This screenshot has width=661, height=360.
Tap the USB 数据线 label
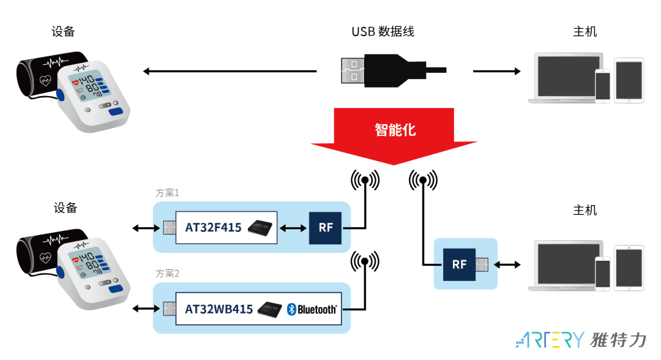pyautogui.click(x=383, y=31)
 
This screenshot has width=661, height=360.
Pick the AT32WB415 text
pyautogui.click(x=218, y=309)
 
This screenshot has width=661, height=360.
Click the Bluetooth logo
pyautogui.click(x=312, y=309)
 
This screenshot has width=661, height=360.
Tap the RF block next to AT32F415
pyautogui.click(x=326, y=228)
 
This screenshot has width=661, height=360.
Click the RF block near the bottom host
pyautogui.click(x=459, y=264)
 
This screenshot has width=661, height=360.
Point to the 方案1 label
pyautogui.click(x=167, y=193)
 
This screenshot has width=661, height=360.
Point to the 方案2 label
pyautogui.click(x=167, y=273)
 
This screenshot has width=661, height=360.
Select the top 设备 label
pyautogui.click(x=64, y=32)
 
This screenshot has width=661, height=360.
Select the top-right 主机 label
pyautogui.click(x=584, y=32)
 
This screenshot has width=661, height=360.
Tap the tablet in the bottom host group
pyautogui.click(x=629, y=267)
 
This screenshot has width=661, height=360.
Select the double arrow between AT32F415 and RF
pyautogui.click(x=293, y=228)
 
